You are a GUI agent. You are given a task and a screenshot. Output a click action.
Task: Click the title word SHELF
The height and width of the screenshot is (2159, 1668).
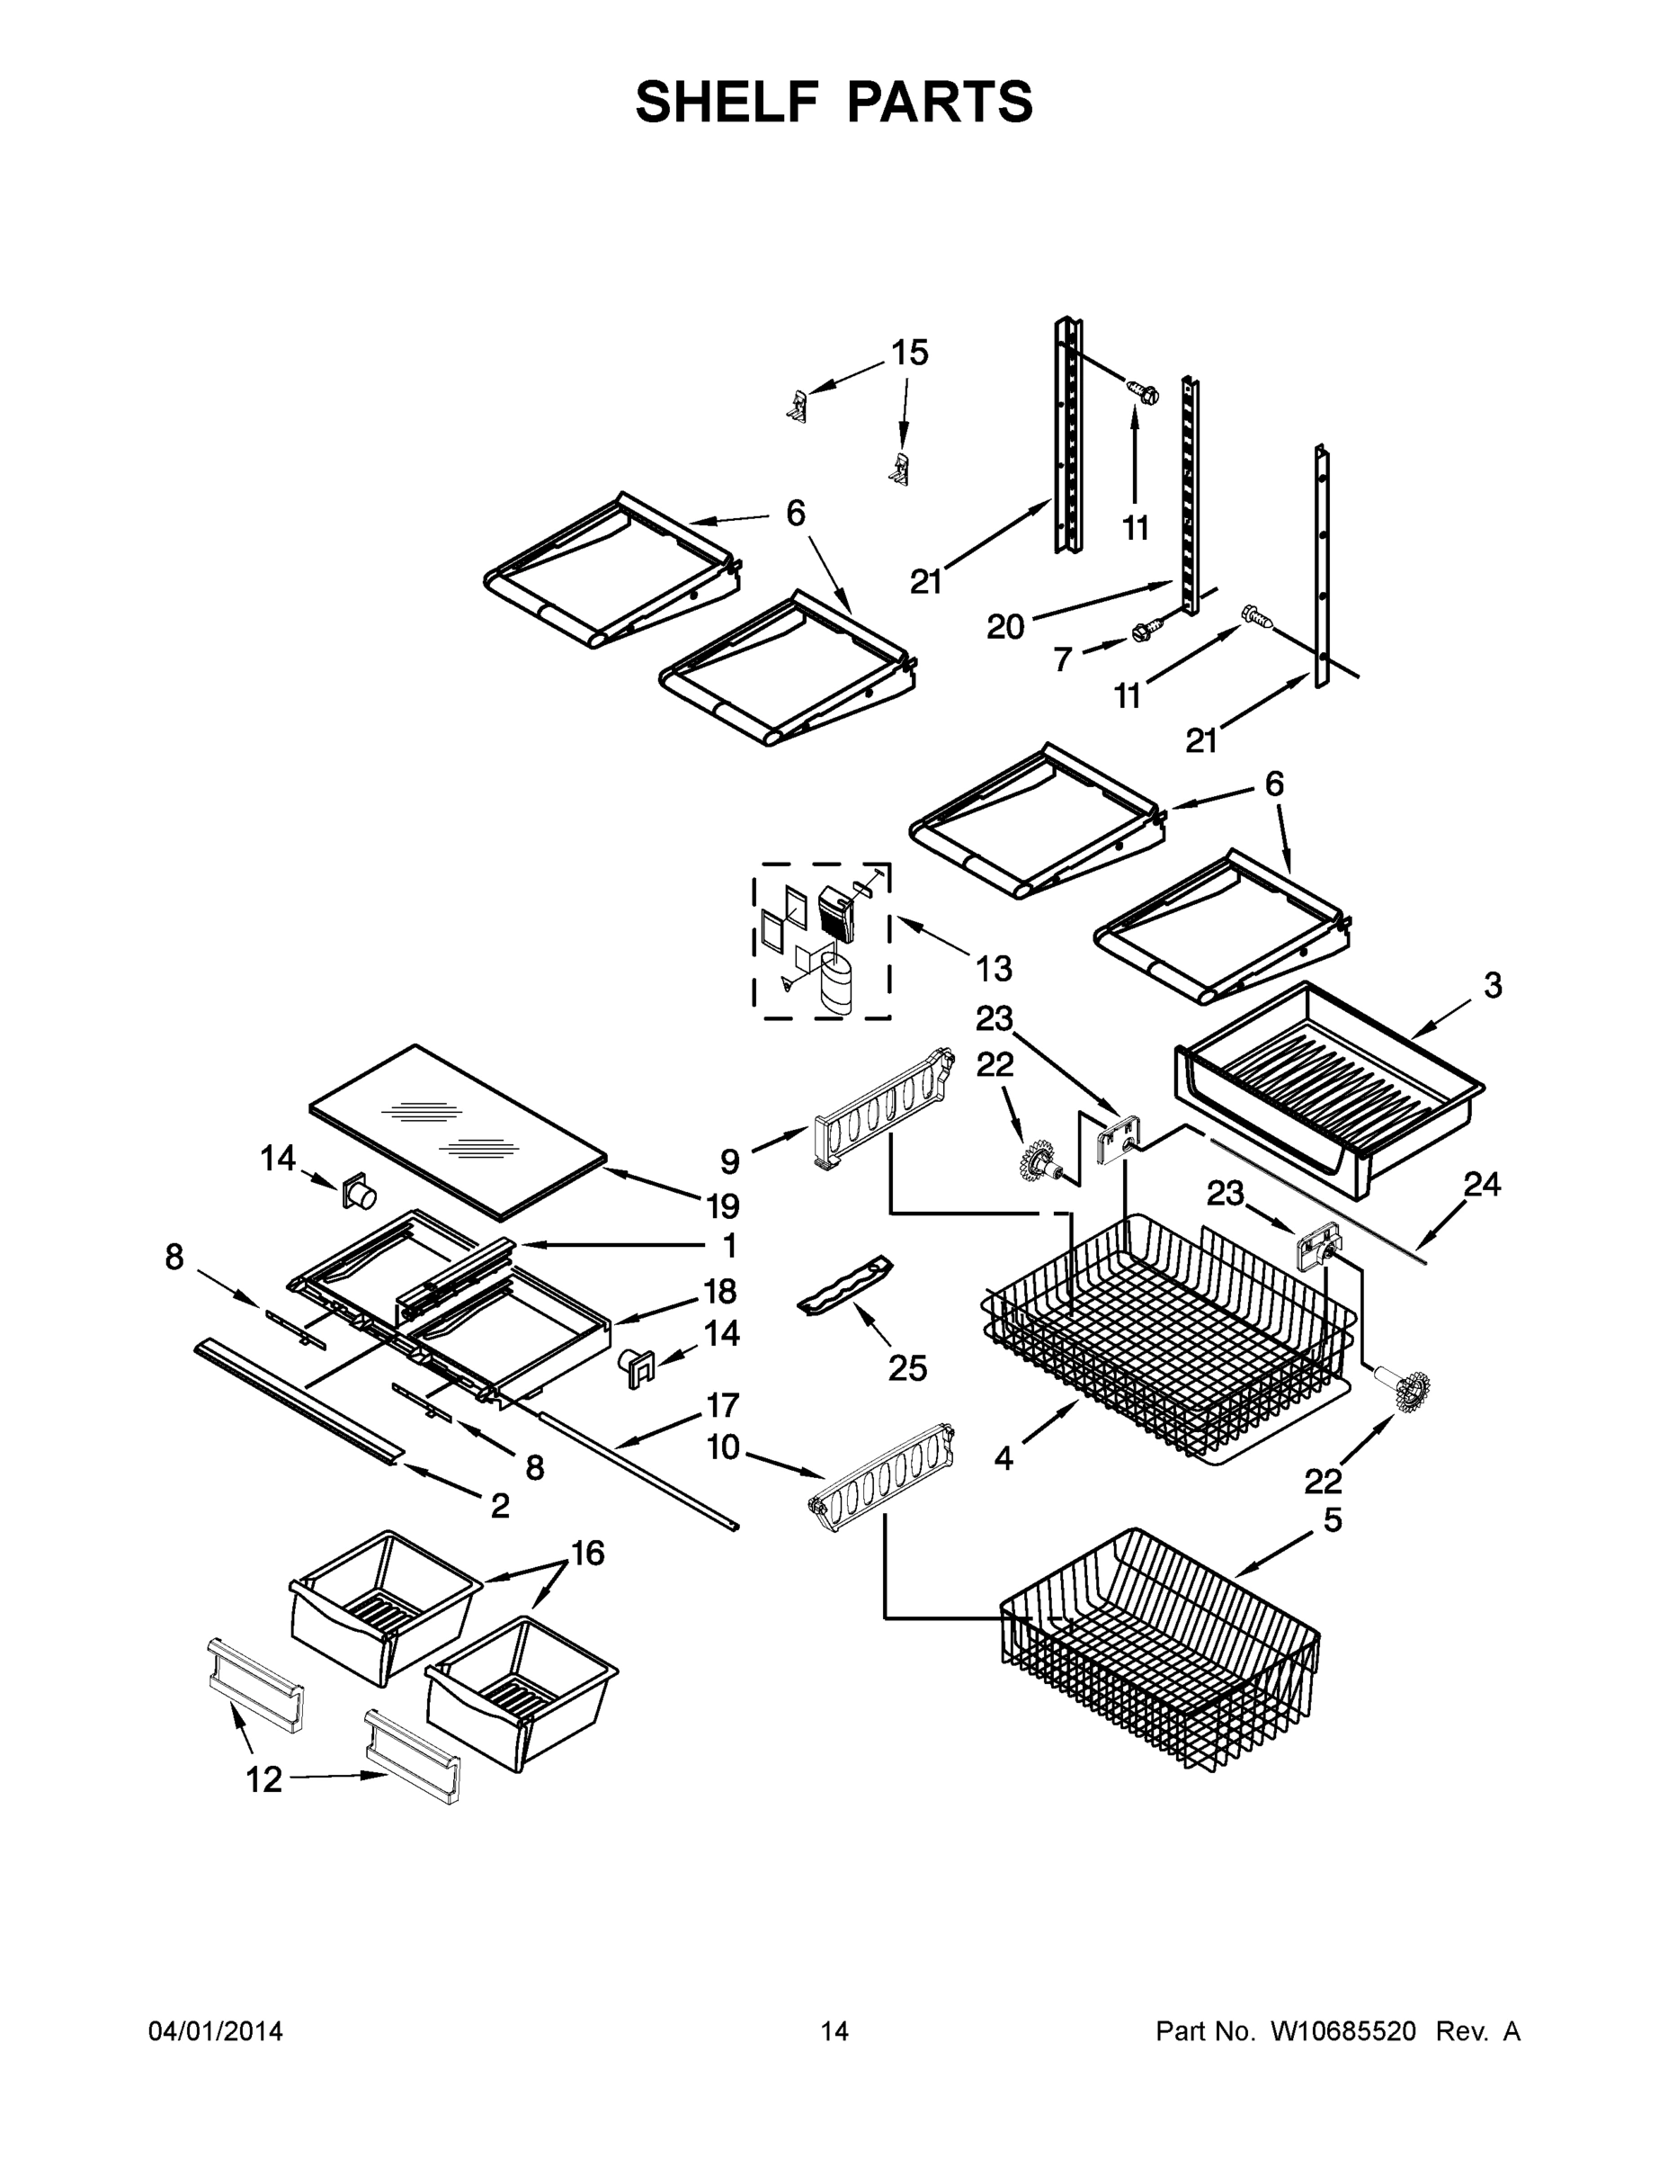click(728, 102)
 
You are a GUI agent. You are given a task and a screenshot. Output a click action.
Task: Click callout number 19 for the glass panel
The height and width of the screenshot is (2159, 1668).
click(722, 1206)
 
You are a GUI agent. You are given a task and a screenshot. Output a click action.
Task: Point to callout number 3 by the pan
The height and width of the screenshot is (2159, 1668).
click(1493, 985)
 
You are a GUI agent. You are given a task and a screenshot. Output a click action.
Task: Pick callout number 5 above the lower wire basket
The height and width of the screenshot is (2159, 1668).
click(1333, 1520)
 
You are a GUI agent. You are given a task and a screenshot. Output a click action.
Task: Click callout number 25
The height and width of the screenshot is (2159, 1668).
click(907, 1368)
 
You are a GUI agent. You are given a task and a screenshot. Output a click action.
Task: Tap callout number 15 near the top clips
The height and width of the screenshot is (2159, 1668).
click(910, 353)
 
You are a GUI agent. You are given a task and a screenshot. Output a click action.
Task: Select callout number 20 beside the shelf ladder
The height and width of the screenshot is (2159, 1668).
click(1006, 627)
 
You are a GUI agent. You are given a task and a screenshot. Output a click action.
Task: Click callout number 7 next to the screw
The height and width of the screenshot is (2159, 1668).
click(1063, 659)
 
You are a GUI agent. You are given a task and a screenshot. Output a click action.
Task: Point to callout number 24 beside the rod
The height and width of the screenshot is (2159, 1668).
click(1482, 1184)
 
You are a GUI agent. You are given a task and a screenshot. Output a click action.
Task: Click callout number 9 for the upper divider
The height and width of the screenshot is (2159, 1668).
click(729, 1161)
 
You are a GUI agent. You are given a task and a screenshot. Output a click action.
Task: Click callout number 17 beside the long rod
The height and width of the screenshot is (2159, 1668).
click(722, 1405)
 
